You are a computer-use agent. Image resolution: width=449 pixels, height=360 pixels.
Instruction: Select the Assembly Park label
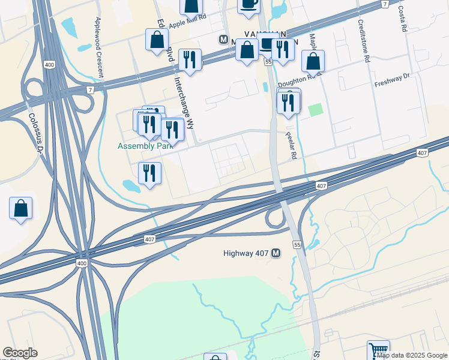[145, 146]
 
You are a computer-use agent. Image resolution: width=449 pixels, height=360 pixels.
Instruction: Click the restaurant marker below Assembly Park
[149, 173]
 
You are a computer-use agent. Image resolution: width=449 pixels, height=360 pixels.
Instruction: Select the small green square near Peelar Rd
[315, 110]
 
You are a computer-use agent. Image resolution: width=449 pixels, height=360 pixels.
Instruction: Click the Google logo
[20, 353]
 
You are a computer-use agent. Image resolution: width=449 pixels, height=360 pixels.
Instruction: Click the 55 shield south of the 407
[297, 245]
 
